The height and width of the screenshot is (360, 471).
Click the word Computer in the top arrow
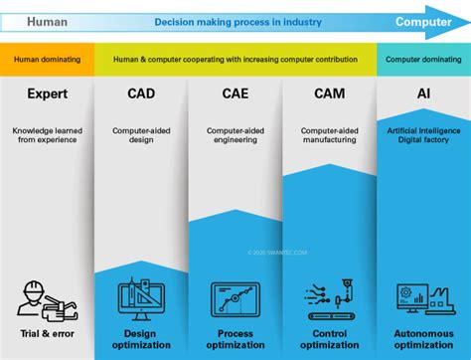(423, 21)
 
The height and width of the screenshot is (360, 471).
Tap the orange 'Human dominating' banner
(47, 59)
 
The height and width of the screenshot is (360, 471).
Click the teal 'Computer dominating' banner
(423, 59)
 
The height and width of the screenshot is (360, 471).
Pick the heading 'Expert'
(47, 95)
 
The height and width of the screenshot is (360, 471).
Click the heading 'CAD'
(141, 95)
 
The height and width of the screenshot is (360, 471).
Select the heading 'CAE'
(235, 95)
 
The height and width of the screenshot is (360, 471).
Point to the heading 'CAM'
(329, 95)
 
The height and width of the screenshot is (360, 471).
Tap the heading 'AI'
(423, 95)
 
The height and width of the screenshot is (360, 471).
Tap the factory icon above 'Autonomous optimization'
(423, 298)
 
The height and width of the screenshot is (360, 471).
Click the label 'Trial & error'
(47, 333)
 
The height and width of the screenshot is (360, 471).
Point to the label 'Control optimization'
(329, 339)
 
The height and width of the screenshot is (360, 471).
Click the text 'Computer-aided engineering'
(235, 136)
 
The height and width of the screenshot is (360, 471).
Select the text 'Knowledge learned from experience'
(47, 136)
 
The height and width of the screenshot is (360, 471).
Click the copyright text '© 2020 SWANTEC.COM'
(278, 253)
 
